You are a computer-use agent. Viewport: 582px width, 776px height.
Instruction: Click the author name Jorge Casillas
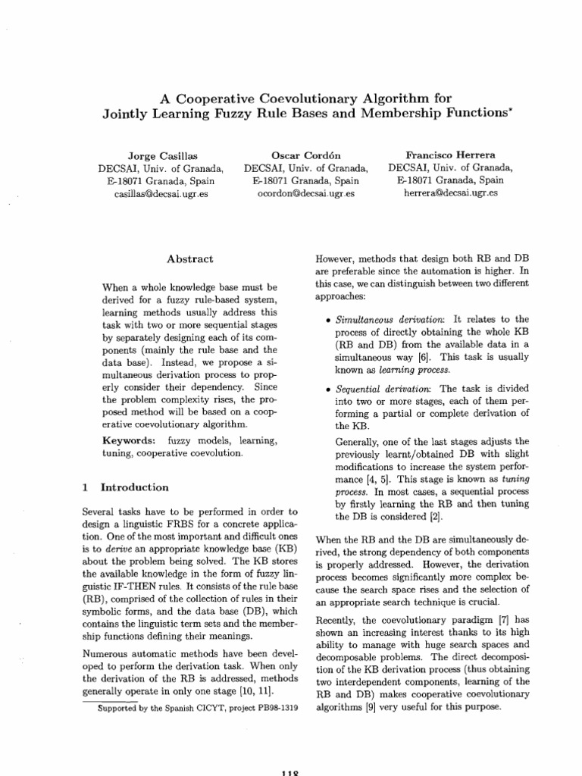tap(160, 154)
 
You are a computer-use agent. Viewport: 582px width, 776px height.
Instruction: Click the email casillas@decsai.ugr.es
tap(160, 194)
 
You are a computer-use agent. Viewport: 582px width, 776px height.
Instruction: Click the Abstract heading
tap(190, 259)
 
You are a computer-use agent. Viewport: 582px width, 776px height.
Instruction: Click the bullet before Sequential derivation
tap(325, 389)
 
